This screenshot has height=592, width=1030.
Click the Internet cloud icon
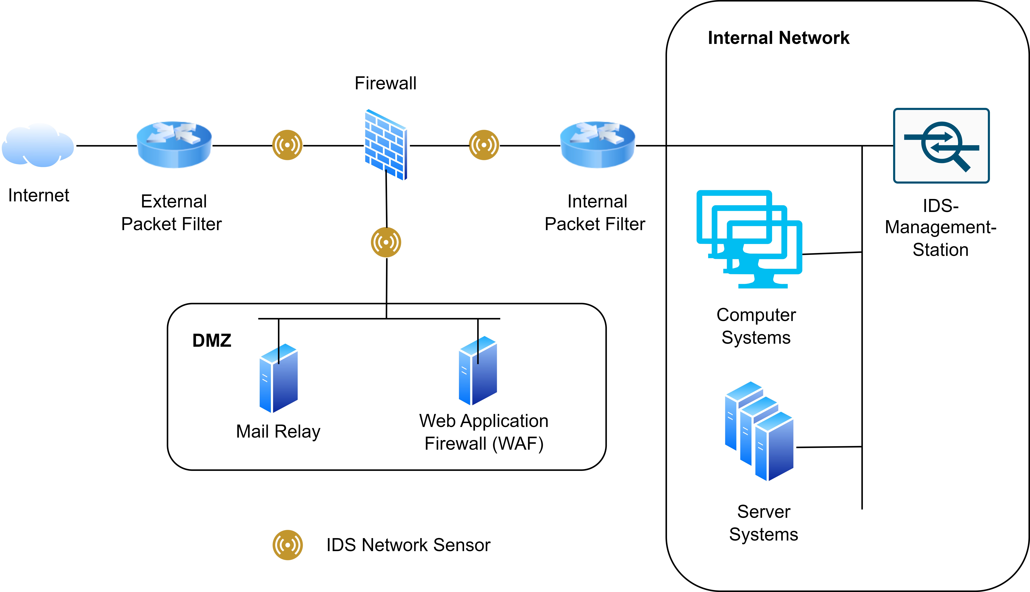[x=38, y=146]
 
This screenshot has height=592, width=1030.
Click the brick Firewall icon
[x=385, y=145]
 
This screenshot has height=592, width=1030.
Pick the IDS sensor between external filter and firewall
[x=287, y=145]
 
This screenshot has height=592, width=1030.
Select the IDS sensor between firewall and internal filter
[x=484, y=145]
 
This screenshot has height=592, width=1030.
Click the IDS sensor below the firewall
[x=386, y=242]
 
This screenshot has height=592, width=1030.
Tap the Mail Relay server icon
[x=279, y=378]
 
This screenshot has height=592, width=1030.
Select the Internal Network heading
[x=778, y=38]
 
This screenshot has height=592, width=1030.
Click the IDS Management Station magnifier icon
[x=941, y=146]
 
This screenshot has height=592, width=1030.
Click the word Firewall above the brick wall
[x=385, y=83]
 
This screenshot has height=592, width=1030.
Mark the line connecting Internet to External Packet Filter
[x=106, y=146]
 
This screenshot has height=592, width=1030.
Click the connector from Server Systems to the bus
[x=829, y=447]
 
